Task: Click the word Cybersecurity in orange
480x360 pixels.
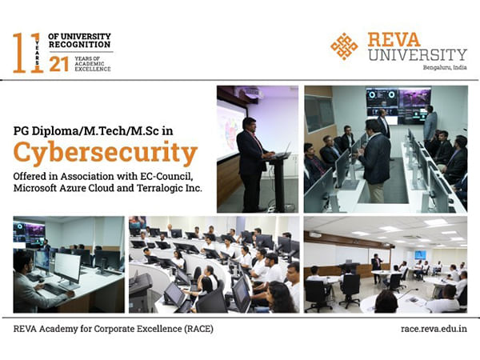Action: [x=105, y=153]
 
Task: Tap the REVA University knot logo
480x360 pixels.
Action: [x=345, y=46]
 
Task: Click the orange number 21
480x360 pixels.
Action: [x=58, y=64]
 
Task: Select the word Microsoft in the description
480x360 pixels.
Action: [x=40, y=188]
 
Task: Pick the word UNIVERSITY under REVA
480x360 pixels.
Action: [x=417, y=54]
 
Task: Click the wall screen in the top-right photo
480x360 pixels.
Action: [x=398, y=104]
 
